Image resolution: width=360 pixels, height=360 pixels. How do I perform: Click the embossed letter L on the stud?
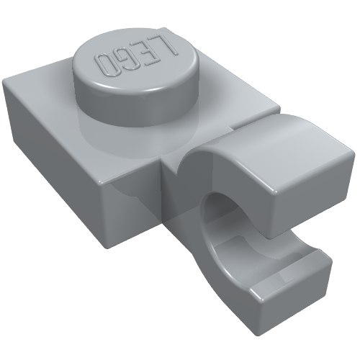[x=168, y=45]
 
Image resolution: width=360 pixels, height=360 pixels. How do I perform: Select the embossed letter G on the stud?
[x=127, y=60]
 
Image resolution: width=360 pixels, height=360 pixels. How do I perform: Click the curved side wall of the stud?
[x=135, y=106]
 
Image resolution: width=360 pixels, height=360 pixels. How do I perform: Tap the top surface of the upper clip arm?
[x=276, y=146]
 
